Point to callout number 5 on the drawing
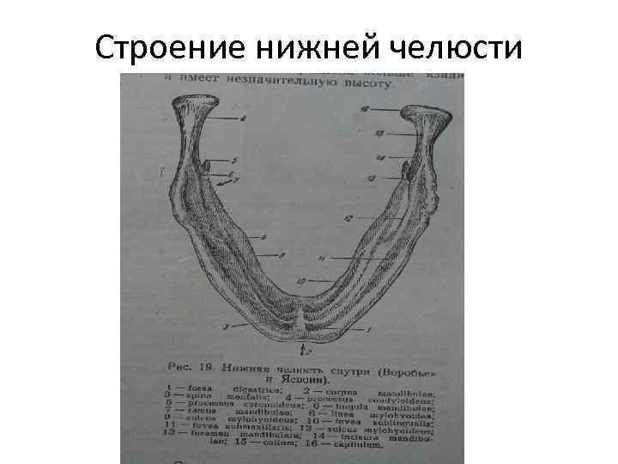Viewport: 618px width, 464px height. [x=233, y=160]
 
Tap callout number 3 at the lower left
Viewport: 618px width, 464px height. [x=225, y=327]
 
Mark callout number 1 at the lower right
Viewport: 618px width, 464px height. [x=368, y=329]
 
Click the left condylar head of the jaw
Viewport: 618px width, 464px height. [x=194, y=107]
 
